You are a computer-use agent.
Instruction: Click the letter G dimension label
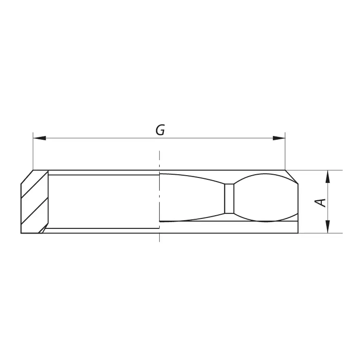click(x=160, y=130)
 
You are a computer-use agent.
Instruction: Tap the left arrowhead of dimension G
click(x=39, y=138)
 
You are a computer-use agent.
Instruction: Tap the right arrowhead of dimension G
click(x=279, y=138)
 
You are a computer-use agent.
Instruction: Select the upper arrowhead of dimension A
click(x=328, y=176)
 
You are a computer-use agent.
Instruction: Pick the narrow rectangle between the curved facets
click(x=229, y=199)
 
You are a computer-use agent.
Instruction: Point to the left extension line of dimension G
click(x=33, y=152)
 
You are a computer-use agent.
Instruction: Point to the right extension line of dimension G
click(x=285, y=152)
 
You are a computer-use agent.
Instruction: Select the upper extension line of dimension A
click(x=320, y=170)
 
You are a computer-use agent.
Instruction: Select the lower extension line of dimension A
click(x=320, y=233)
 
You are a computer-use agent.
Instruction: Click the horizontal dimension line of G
click(x=101, y=138)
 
